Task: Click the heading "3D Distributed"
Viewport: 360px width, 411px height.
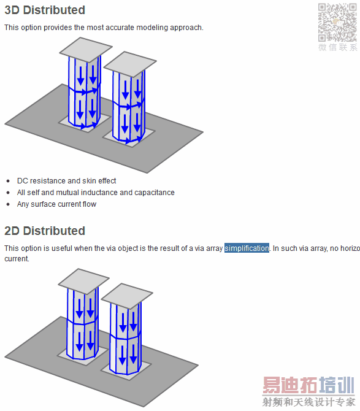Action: click(45, 10)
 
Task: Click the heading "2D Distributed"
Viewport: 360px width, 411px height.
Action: click(45, 231)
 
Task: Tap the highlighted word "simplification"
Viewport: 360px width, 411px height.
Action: click(247, 248)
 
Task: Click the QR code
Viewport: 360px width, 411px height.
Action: click(337, 22)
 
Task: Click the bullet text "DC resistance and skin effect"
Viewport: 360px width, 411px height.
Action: click(67, 181)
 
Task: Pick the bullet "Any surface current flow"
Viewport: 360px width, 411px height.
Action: click(56, 204)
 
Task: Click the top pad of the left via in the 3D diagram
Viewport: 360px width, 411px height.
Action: click(86, 50)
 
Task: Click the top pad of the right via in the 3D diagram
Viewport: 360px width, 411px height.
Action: click(130, 64)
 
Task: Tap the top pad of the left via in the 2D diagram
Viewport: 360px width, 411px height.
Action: click(84, 281)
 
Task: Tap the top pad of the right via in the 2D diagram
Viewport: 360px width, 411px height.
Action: click(127, 296)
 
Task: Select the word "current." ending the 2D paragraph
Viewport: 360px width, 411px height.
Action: click(17, 259)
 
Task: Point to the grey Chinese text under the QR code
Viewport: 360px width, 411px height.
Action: click(338, 47)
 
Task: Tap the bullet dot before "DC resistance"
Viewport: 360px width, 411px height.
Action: click(9, 181)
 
